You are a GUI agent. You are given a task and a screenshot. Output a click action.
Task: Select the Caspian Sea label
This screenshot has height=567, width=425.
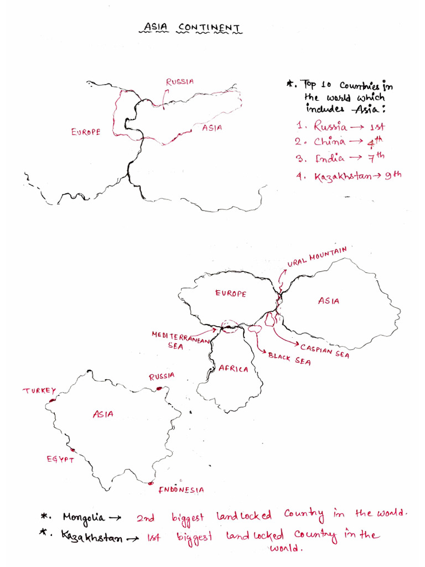pos(325,350)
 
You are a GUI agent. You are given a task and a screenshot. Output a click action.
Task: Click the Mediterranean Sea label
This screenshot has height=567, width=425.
pos(180,339)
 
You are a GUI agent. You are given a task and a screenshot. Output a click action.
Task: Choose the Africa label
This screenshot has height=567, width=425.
pos(234,369)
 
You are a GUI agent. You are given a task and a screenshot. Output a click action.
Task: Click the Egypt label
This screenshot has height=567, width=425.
pos(60,459)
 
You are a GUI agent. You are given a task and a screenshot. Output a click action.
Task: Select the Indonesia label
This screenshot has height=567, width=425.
pos(181,489)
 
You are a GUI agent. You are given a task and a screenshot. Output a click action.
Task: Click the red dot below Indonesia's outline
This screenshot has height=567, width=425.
pos(151,483)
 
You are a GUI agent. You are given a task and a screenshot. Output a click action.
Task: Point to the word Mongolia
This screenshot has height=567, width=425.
pos(84,518)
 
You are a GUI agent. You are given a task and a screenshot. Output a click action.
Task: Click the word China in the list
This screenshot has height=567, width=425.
pos(330,142)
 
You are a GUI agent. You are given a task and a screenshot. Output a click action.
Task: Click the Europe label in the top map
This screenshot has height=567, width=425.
pos(86,132)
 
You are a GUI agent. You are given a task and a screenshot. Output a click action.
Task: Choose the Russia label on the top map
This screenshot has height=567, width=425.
pos(180,81)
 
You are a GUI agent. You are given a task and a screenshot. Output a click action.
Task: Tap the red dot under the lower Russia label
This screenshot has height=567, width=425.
pos(159,388)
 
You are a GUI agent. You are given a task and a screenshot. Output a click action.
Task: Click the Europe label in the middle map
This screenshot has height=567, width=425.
pos(231,293)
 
